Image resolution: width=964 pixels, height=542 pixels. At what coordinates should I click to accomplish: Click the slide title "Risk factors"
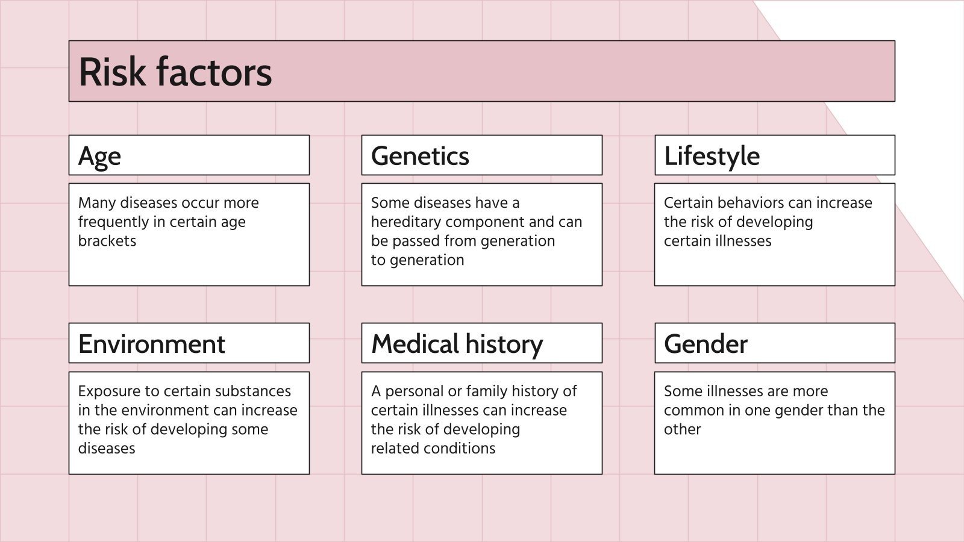click(x=175, y=72)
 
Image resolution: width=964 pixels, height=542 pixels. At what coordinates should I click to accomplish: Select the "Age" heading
click(x=99, y=157)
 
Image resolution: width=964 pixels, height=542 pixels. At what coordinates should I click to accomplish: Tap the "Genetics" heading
click(x=420, y=156)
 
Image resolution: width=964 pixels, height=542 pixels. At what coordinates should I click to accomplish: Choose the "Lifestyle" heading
click(x=712, y=156)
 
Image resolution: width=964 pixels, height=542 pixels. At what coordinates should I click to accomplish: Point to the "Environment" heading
click(x=151, y=344)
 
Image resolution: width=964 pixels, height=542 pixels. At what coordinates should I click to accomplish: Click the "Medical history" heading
click(x=457, y=344)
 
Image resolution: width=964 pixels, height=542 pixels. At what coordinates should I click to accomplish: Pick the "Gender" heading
click(x=706, y=344)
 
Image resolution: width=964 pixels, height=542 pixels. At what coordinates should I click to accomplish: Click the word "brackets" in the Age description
click(x=107, y=241)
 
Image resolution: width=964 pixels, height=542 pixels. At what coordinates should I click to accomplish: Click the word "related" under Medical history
click(x=395, y=448)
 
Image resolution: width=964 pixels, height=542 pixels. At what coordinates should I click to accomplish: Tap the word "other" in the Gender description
click(x=682, y=429)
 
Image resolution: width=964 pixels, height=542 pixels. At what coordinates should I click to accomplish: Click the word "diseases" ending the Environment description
click(x=107, y=448)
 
